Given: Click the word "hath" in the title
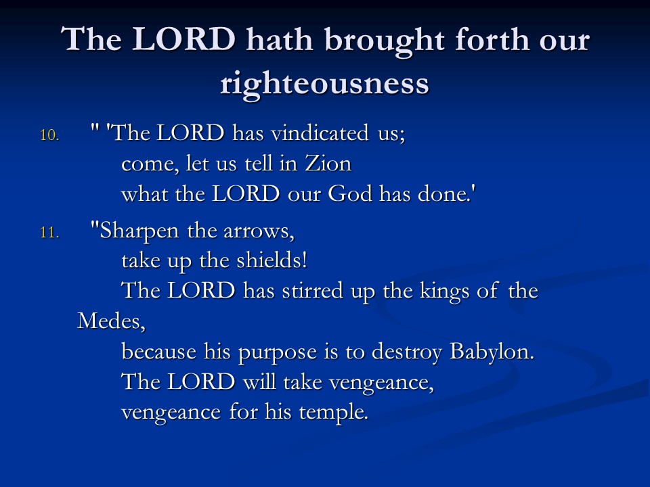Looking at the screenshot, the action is coord(280,40).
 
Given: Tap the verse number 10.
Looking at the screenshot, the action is coord(49,135).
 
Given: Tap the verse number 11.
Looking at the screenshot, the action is coord(49,233).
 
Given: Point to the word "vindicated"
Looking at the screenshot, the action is coord(320,133).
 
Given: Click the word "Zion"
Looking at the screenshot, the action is coord(328,163).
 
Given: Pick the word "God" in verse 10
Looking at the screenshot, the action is coord(350,193).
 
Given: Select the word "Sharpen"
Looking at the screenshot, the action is coord(139,231).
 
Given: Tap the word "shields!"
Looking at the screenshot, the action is coord(272,260).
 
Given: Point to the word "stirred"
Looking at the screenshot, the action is coord(313,290).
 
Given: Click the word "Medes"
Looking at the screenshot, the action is coord(112,321).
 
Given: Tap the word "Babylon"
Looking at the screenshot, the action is coord(492,352).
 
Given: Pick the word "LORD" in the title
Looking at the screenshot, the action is coord(184,39).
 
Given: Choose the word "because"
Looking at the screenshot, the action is coord(159,352).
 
